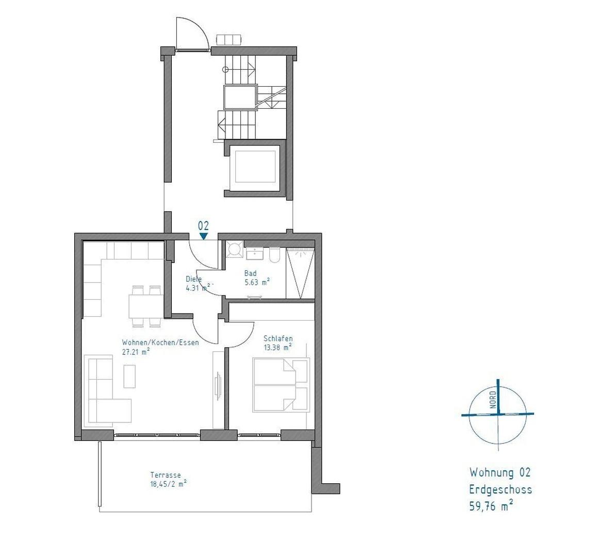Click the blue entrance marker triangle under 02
click(204, 236)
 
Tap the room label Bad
click(250, 273)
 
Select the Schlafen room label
click(278, 338)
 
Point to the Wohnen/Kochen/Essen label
click(160, 342)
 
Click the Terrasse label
click(166, 475)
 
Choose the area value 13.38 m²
click(277, 348)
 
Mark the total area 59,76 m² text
click(491, 506)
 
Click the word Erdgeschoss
click(500, 490)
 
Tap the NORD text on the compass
click(493, 400)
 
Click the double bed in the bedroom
click(282, 385)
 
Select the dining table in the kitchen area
click(146, 306)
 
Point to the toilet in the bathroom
click(274, 254)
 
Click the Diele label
click(194, 279)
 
